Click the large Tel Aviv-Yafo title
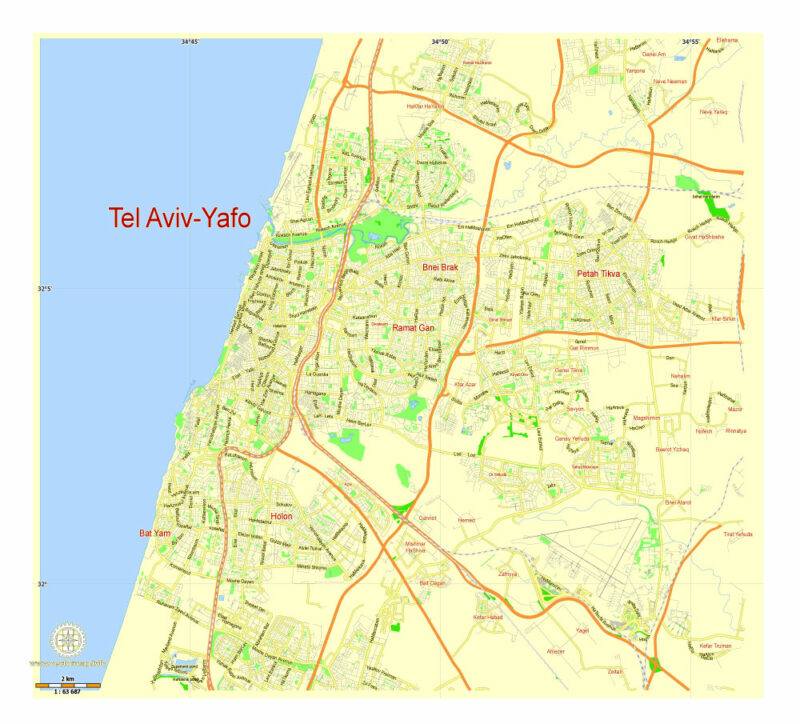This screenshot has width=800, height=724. click(x=180, y=218)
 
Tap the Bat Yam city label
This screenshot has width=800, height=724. click(x=155, y=533)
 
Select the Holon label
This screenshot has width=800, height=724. click(x=282, y=517)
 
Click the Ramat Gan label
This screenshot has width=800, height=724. click(x=414, y=327)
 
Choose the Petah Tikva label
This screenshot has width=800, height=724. click(x=598, y=273)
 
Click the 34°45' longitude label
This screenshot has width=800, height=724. click(x=190, y=41)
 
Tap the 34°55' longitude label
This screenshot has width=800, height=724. click(x=689, y=41)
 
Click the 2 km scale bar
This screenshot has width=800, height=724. click(x=68, y=686)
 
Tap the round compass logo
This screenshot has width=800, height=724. click(x=68, y=640)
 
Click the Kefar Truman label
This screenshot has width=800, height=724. click(x=716, y=646)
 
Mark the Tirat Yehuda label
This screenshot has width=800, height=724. click(x=737, y=534)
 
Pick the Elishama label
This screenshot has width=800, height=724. click(x=727, y=40)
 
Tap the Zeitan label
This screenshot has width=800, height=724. click(x=615, y=671)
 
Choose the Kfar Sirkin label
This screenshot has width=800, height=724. click(x=722, y=318)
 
